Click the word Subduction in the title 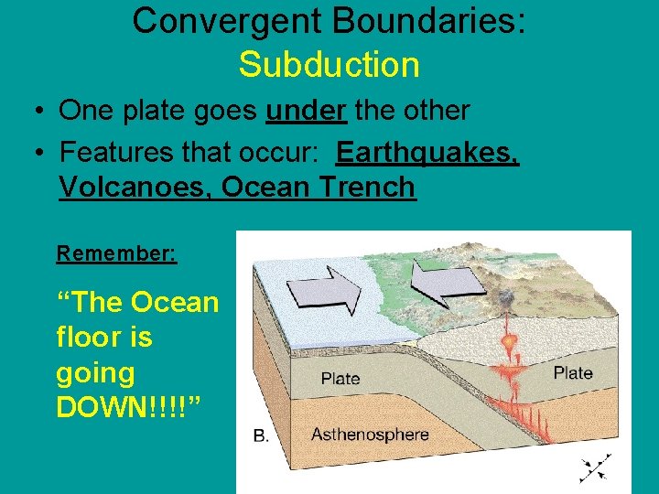point(329,65)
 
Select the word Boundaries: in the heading point(420,21)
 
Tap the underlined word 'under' point(306,111)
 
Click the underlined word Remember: point(116,253)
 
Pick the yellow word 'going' point(95,372)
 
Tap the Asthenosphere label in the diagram point(369,434)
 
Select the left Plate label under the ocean point(340,378)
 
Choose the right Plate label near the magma point(572,372)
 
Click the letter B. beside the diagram point(261,435)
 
